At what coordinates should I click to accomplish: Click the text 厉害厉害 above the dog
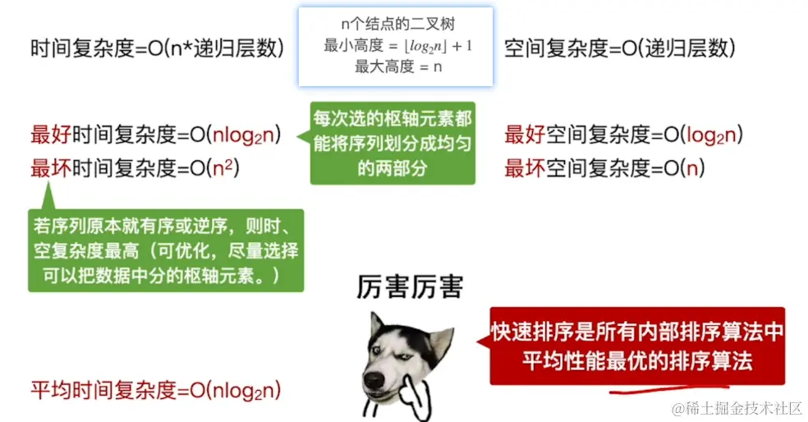click(410, 287)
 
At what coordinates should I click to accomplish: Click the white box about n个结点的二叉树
click(395, 47)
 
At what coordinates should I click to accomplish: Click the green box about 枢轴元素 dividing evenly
click(393, 143)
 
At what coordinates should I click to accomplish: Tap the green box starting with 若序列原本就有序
click(166, 249)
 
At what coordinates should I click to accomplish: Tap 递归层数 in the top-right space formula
click(684, 48)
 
